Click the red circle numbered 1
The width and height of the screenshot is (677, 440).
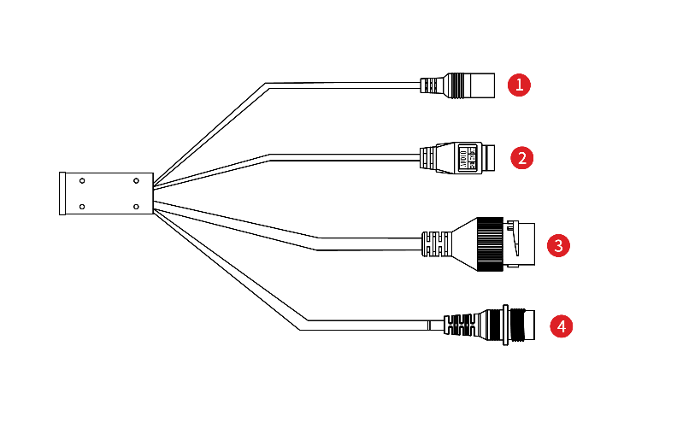519,85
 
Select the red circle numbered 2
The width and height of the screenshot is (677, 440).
521,158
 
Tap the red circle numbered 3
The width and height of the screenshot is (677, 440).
558,246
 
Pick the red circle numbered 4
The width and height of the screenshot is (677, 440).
561,326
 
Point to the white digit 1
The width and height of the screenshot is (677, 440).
519,85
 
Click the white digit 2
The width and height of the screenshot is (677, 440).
521,158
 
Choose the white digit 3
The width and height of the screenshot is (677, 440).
558,246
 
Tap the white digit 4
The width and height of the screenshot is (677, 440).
561,326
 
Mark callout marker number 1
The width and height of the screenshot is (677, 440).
519,85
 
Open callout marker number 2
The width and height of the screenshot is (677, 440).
521,158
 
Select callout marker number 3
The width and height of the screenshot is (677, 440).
558,246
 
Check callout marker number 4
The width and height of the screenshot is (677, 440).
561,326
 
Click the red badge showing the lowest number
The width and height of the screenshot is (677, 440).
519,85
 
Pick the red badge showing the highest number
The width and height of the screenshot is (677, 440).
561,326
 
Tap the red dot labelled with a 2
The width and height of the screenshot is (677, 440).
521,158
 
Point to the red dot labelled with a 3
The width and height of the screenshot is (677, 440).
558,246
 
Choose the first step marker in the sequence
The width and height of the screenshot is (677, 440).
519,85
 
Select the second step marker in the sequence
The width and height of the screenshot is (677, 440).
521,158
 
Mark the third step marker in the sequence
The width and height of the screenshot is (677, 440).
558,246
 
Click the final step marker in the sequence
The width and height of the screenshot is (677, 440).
561,326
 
